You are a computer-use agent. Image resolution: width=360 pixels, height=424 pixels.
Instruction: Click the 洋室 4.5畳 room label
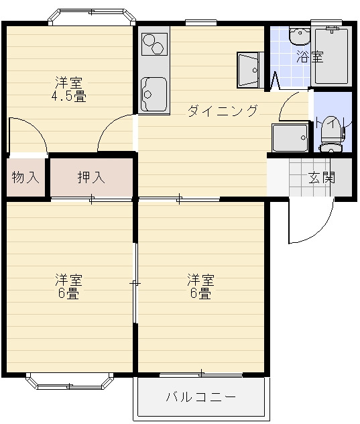(x=70, y=90)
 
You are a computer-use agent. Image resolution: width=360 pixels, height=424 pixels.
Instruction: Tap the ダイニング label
(x=222, y=111)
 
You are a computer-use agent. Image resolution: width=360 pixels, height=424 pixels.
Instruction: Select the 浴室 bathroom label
(x=309, y=57)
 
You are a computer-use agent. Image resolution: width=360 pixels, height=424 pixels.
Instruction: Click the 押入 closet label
(x=91, y=178)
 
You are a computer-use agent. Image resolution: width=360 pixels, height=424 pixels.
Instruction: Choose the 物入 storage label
(x=25, y=178)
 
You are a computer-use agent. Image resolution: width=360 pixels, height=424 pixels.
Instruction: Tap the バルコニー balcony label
(x=201, y=396)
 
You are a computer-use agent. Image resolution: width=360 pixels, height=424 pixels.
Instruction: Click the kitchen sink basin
(x=154, y=93)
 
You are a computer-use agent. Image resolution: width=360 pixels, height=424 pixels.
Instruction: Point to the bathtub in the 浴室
(x=332, y=56)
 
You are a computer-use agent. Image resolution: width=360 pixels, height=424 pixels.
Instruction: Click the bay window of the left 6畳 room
(x=70, y=383)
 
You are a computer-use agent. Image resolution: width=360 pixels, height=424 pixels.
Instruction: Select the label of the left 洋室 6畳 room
(x=68, y=286)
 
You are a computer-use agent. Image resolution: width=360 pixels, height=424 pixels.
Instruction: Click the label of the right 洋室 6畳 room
(x=200, y=286)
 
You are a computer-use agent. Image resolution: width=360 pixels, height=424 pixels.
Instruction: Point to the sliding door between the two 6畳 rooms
(x=135, y=284)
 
